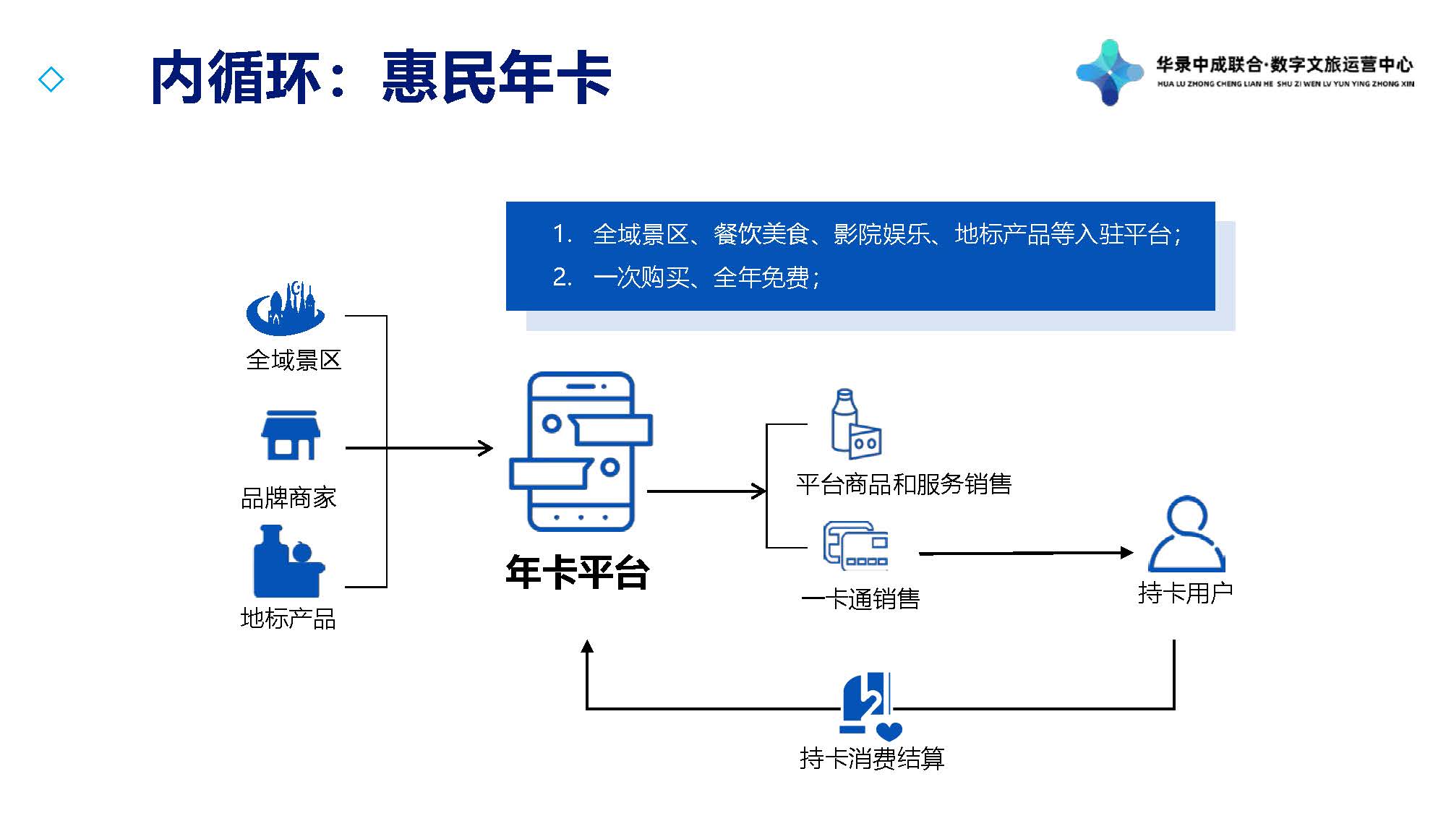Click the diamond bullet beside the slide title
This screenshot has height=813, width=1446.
[x=51, y=79]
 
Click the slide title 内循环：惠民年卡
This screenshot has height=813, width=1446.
[x=381, y=77]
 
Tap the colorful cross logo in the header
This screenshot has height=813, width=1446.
[x=1110, y=73]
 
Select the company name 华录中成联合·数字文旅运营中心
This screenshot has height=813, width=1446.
[x=1284, y=65]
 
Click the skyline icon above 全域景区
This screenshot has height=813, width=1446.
[x=286, y=309]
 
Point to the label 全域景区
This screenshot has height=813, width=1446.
[x=294, y=360]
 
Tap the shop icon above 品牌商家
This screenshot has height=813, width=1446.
[x=291, y=436]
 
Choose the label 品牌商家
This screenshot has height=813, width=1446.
[x=288, y=498]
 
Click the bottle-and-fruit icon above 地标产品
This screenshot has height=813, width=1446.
[x=289, y=561]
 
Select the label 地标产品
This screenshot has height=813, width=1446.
[x=288, y=619]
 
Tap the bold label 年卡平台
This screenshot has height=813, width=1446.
[x=577, y=572]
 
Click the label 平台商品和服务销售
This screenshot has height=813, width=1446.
[x=904, y=484]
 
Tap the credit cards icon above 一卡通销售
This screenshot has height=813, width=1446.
[x=856, y=546]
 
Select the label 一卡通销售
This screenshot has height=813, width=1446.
[x=860, y=599]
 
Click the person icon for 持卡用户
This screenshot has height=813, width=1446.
[x=1186, y=534]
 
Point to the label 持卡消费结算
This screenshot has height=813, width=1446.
[x=872, y=759]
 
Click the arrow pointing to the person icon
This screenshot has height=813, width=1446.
[x=1026, y=553]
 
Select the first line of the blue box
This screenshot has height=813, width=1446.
[x=867, y=234]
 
